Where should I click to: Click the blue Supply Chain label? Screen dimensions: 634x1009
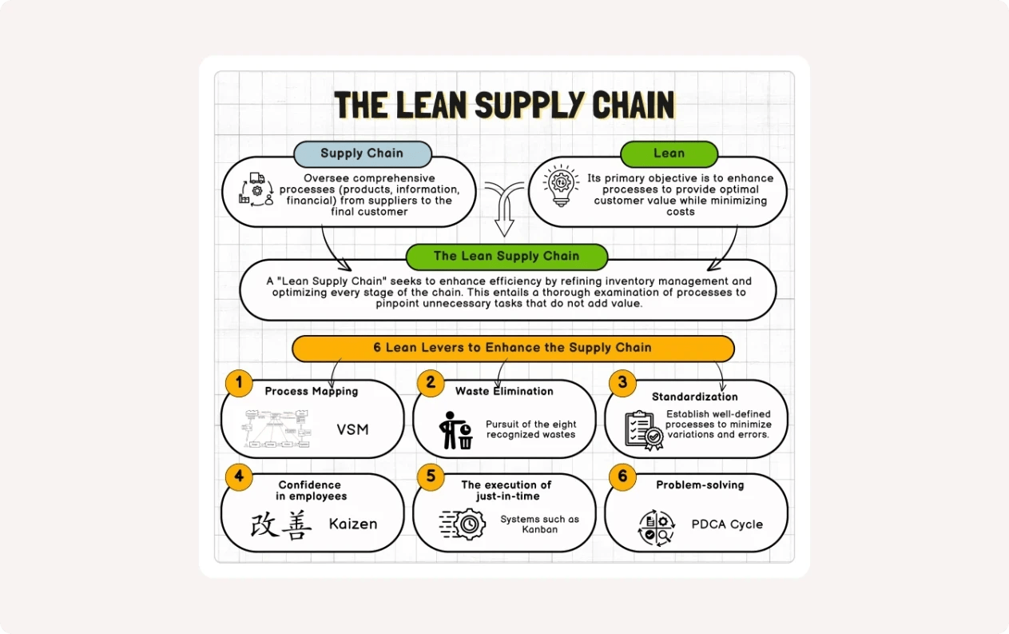pyautogui.click(x=362, y=154)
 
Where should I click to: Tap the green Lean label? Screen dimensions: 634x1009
pyautogui.click(x=669, y=154)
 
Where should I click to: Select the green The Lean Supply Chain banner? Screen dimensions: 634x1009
pyautogui.click(x=506, y=257)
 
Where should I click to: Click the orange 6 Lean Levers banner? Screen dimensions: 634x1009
pyautogui.click(x=512, y=348)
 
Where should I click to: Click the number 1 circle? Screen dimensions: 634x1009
pyautogui.click(x=238, y=382)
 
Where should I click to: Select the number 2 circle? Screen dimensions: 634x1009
pyautogui.click(x=431, y=382)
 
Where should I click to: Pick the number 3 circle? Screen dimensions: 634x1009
pyautogui.click(x=622, y=382)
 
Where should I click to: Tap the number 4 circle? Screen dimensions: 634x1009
pyautogui.click(x=238, y=477)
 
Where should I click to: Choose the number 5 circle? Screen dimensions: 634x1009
pyautogui.click(x=431, y=477)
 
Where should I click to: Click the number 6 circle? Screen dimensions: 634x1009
pyautogui.click(x=622, y=477)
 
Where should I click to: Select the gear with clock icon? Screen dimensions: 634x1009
pyautogui.click(x=463, y=524)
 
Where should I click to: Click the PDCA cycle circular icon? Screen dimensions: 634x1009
pyautogui.click(x=657, y=528)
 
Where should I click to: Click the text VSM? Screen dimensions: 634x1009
pyautogui.click(x=352, y=429)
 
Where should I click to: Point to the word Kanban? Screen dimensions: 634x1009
pyautogui.click(x=539, y=529)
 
